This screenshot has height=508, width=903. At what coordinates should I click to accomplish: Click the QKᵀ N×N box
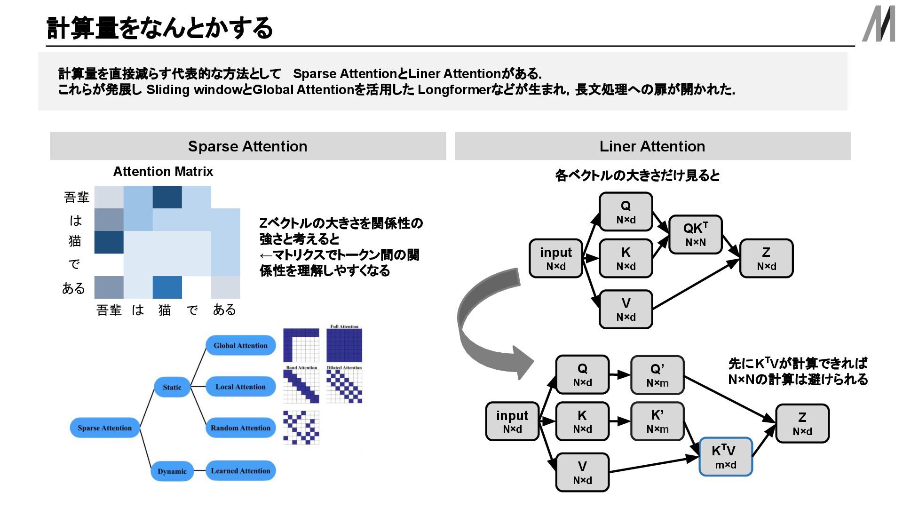(x=695, y=235)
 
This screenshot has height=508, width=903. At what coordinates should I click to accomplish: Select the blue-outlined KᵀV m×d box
(x=726, y=457)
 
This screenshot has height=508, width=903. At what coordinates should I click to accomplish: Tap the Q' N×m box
(x=657, y=375)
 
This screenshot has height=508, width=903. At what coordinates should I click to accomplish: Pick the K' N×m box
(x=657, y=421)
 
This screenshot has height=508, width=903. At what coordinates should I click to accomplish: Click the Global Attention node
(x=240, y=346)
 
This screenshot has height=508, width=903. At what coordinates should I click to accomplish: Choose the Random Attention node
(x=240, y=428)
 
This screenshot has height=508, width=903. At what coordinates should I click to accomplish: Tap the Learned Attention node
(x=240, y=471)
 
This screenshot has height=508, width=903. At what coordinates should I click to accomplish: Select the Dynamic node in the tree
(x=172, y=471)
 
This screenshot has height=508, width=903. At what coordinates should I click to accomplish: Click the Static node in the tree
(x=172, y=387)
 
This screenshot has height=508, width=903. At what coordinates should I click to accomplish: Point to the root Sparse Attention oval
(x=104, y=428)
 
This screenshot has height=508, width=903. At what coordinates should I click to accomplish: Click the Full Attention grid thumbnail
(x=344, y=345)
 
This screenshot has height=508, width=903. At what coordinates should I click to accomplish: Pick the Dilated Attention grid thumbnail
(x=344, y=386)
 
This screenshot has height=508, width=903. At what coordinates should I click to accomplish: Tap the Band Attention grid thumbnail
(x=301, y=386)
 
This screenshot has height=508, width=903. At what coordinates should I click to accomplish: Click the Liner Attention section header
(x=652, y=146)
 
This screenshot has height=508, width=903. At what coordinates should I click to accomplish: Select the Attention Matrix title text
(x=163, y=172)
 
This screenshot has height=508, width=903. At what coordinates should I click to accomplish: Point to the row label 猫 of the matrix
(x=75, y=241)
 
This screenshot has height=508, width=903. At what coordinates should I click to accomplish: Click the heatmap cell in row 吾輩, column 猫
(x=167, y=197)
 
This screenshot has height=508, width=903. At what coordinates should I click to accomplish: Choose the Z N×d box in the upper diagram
(x=766, y=258)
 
